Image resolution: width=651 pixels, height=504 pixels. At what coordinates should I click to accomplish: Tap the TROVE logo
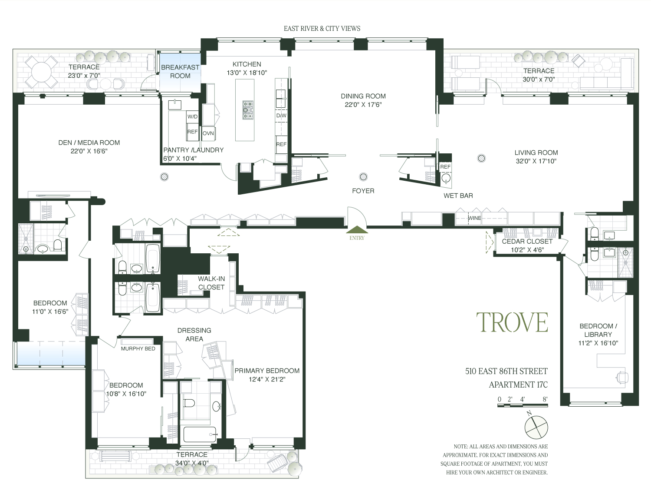coord(512,322)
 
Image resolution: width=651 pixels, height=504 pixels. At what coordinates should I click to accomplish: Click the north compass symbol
coord(536,426)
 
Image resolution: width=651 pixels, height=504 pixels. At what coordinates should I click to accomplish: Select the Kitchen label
coord(247,64)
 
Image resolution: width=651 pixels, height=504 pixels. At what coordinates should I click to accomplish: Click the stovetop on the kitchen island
coord(248,110)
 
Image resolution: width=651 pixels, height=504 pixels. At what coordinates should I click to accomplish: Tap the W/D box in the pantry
coord(192,117)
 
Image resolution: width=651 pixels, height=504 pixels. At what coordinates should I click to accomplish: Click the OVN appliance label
coord(208,133)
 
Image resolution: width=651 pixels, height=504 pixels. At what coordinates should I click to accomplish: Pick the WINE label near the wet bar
coord(474,218)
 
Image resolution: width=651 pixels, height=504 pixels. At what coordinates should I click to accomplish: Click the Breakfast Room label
coord(180,72)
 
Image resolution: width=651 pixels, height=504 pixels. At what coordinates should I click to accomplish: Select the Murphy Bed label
coord(138,348)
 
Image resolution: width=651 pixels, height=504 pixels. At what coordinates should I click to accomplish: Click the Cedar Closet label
coord(527,242)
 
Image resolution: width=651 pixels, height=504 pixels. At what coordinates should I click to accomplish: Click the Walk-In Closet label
coord(211,283)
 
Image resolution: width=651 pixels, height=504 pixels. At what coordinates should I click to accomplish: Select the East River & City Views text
coord(322,29)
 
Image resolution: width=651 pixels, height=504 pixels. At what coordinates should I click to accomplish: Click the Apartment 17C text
coord(518,385)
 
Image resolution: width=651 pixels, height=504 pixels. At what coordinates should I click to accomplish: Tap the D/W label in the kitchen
coord(281,116)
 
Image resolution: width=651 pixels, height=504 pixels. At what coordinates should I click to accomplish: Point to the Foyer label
coord(363,191)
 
